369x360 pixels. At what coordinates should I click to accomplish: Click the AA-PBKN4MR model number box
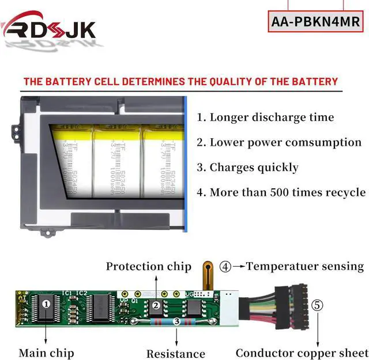pyautogui.click(x=316, y=22)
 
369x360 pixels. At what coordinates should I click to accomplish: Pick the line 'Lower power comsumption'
pyautogui.click(x=279, y=142)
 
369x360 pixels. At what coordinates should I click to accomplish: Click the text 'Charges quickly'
pyautogui.click(x=248, y=168)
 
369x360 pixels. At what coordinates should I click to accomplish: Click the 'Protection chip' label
pyautogui.click(x=148, y=266)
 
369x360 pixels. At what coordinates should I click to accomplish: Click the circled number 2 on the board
pyautogui.click(x=155, y=306)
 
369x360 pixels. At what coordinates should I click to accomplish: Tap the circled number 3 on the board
pyautogui.click(x=176, y=321)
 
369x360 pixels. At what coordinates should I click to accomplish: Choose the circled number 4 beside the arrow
pyautogui.click(x=225, y=267)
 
